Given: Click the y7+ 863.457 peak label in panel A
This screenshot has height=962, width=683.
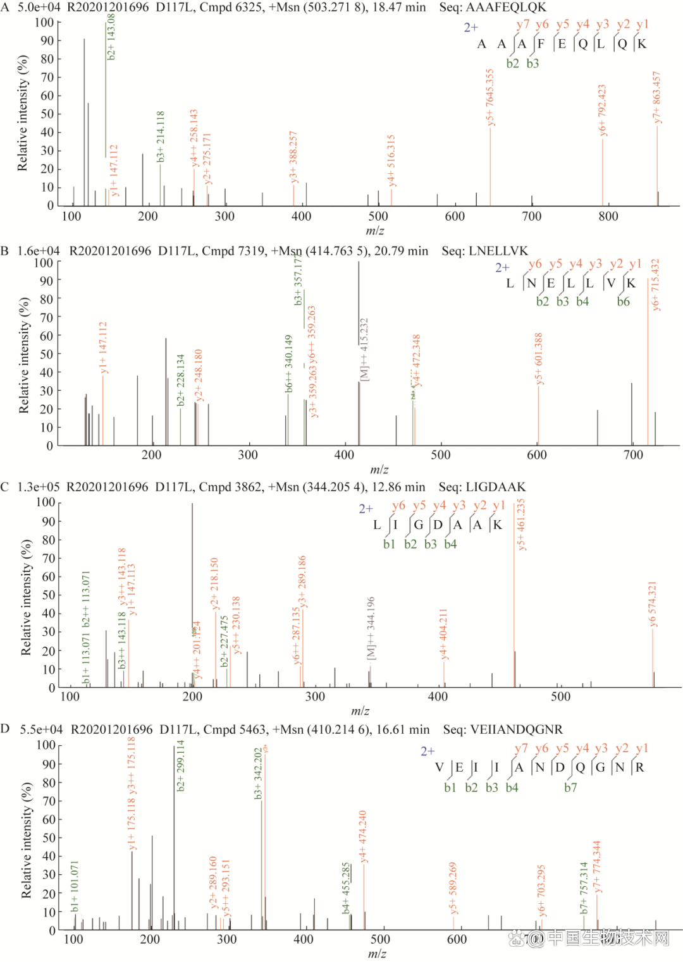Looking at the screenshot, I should coord(656,97).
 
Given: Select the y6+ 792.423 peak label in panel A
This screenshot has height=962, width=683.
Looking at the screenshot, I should coord(602,110).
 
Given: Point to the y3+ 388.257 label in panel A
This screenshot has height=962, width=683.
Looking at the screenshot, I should coord(293,157).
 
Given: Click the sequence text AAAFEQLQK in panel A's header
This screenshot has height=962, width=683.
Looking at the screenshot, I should coord(506,8).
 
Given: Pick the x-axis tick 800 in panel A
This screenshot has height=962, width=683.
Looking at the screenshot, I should coord(608,216).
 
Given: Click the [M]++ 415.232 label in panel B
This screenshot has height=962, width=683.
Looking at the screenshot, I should coord(364,350).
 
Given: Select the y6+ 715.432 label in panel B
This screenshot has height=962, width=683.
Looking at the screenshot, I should coord(655,284).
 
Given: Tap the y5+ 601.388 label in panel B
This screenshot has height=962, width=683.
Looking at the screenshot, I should coord(539,358).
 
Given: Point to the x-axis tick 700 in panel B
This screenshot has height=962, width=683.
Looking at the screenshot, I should coord(633,455).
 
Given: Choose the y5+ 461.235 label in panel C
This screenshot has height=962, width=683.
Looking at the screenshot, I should coord(521,525).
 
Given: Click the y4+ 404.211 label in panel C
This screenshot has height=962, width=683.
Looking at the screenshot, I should coord(443,634).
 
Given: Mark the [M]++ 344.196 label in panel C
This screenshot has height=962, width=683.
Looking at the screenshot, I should coord(371,628).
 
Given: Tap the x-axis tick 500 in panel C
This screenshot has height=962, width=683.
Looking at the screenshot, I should coord(560,697).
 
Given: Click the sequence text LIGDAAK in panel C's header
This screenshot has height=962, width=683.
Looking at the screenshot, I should coord(495,487).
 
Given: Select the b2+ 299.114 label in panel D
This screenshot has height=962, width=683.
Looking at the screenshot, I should coord(180,765).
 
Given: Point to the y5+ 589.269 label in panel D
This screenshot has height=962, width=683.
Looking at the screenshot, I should coord(453,888).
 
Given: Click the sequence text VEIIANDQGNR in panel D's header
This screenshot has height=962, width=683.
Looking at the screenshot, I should coord(517,729).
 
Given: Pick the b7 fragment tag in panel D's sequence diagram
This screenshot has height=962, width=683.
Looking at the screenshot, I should coord(570,788).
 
